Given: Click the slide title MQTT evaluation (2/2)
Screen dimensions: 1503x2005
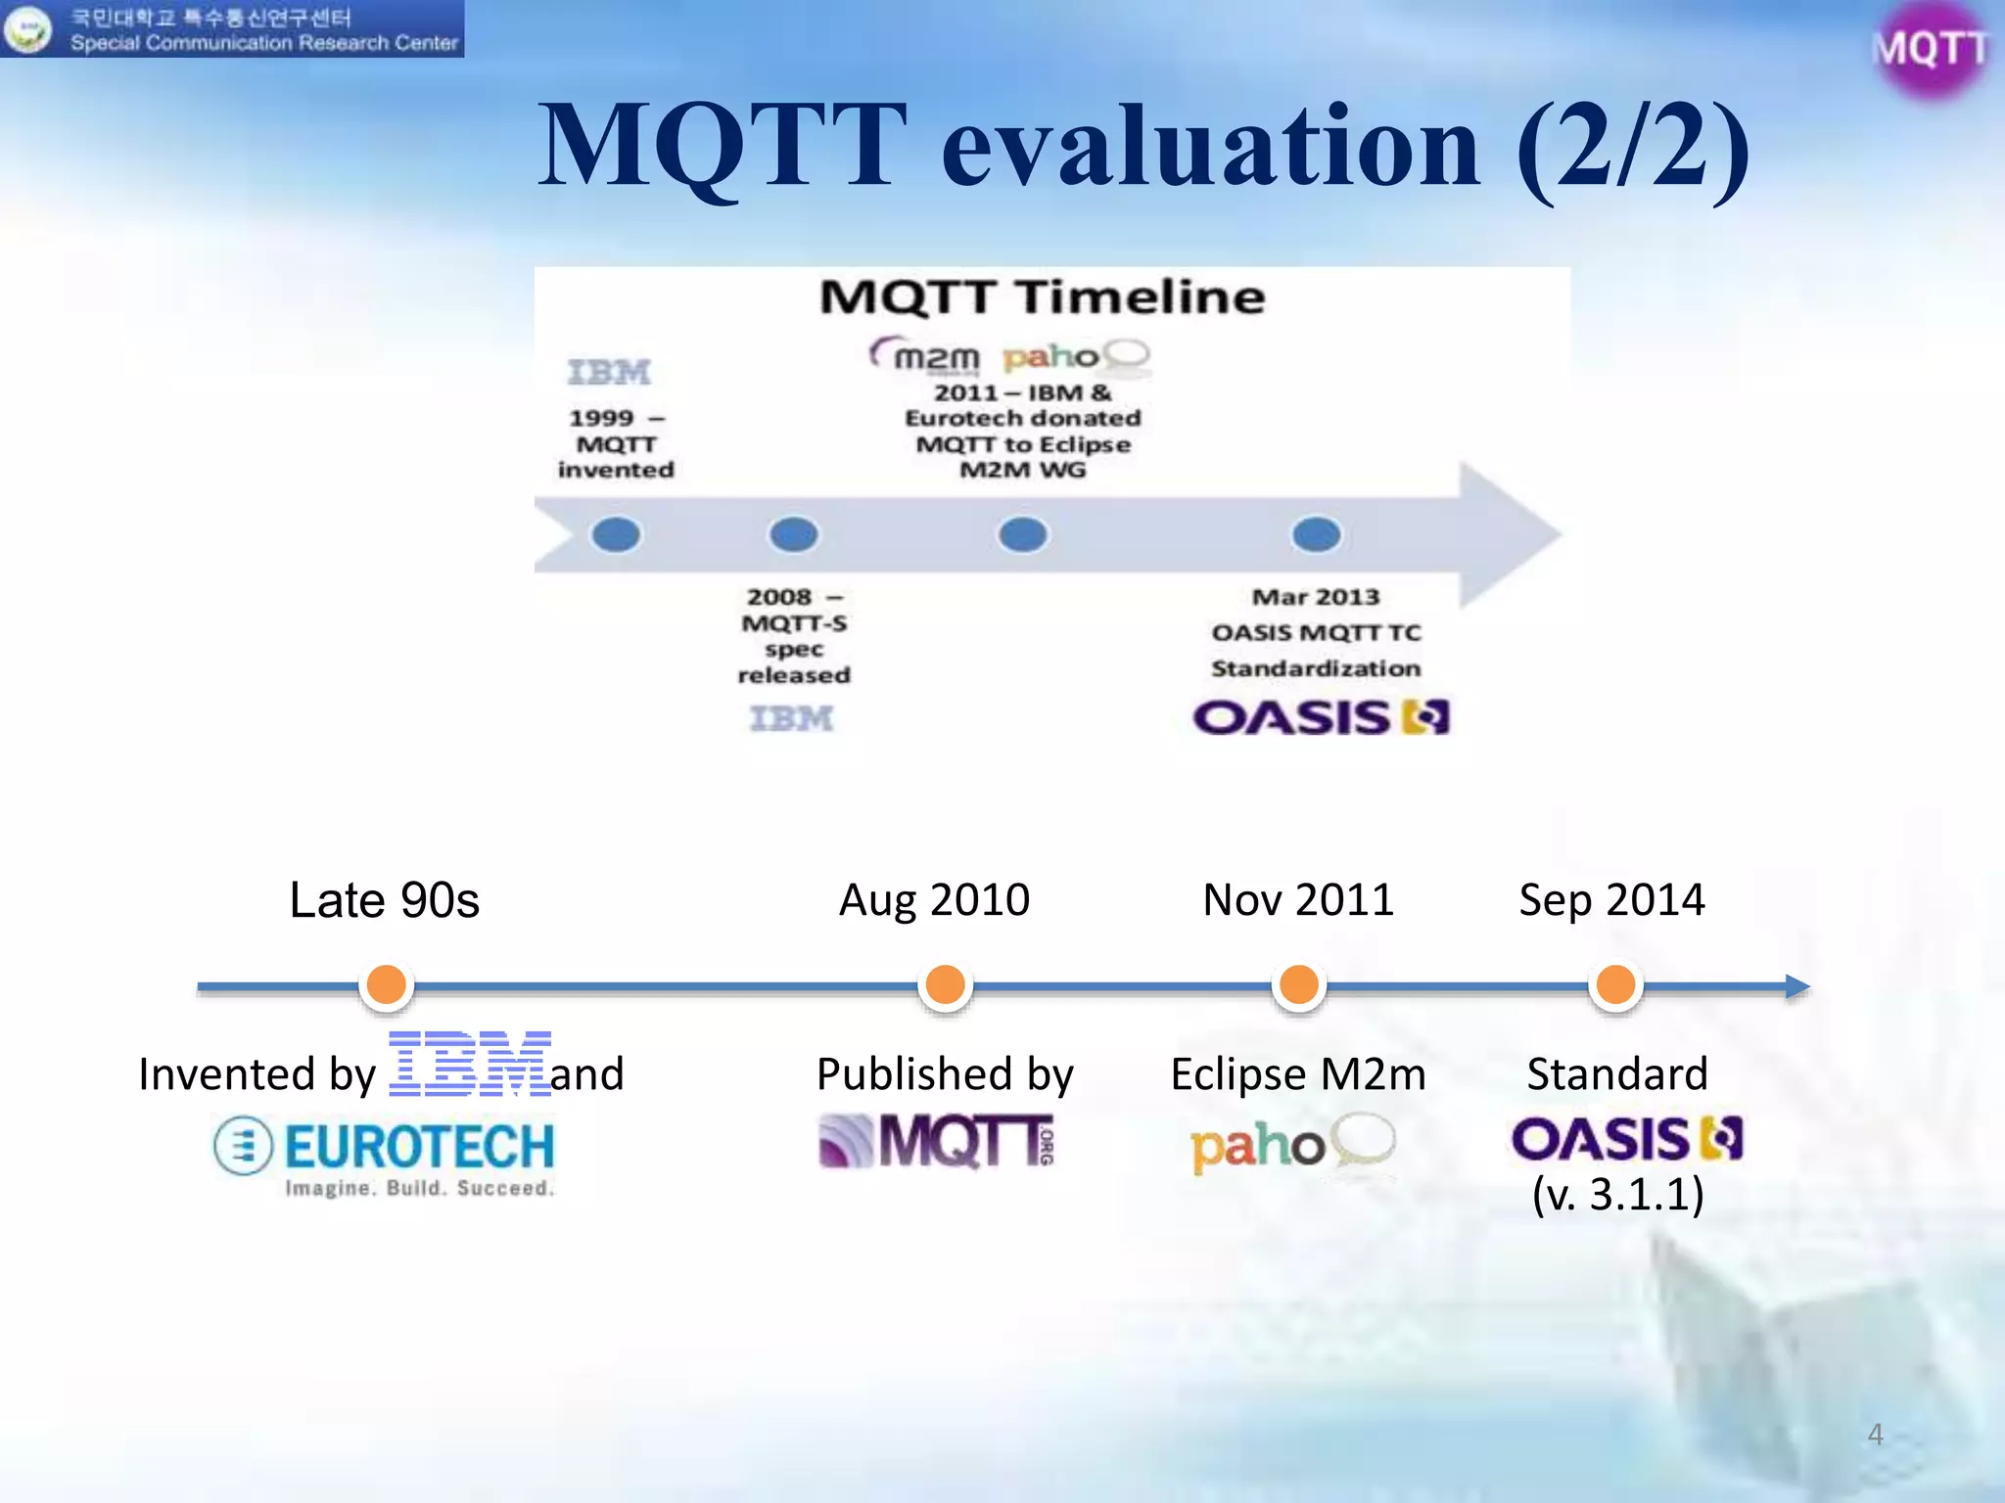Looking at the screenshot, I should pos(1143,147).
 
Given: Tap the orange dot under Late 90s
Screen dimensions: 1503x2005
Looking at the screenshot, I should pos(387,984).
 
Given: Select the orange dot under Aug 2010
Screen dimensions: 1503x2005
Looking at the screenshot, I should pos(945,984).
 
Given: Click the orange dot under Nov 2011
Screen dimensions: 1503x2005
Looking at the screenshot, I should pos(1298,984).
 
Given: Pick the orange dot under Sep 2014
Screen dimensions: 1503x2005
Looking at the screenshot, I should pos(1615,984).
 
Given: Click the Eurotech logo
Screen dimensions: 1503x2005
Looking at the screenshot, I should pos(385,1155).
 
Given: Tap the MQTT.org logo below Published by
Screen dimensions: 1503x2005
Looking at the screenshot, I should pos(936,1141).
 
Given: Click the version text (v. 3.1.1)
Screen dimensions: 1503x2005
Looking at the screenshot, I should pos(1617,1195).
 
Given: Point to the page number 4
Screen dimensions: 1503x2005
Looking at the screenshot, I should pos(1875,1434).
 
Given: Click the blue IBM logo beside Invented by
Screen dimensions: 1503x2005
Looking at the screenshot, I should pos(470,1064).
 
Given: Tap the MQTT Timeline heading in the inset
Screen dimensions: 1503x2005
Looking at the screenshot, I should pos(1042,297).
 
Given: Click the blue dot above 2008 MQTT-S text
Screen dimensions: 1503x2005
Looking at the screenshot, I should pos(793,534).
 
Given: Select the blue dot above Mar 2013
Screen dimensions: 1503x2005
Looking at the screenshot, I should pos(1316,534).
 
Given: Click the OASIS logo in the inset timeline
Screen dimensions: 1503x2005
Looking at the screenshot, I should pos(1321,717).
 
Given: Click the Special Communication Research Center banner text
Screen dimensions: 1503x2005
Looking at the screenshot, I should pos(263,43).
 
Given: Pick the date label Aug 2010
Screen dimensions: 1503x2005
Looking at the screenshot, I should pos(934,899).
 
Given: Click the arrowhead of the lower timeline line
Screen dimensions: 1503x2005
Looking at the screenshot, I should pos(1797,986).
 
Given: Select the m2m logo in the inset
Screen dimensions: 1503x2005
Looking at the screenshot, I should pos(926,356).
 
